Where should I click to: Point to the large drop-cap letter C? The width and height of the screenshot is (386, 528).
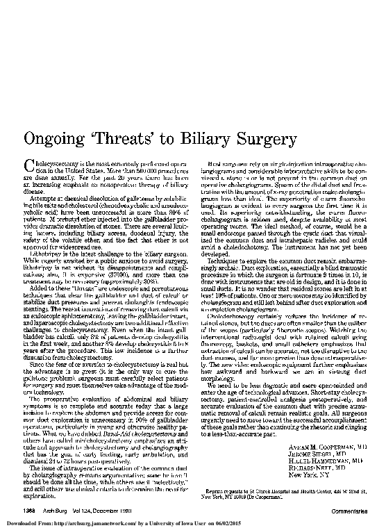coord(29,165)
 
